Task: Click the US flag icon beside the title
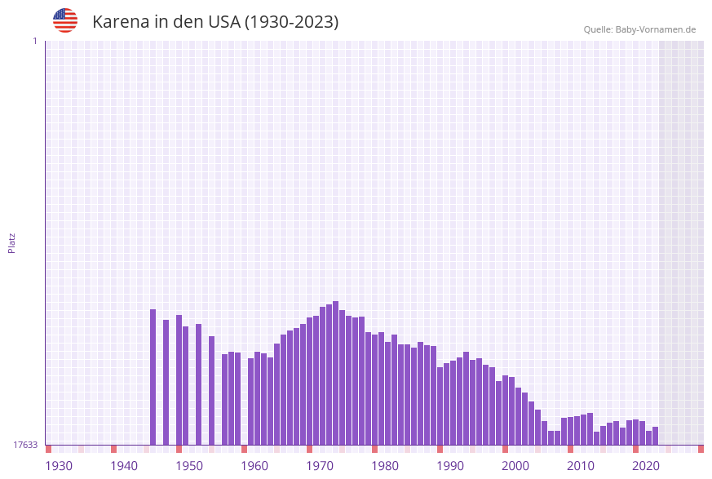click(x=65, y=20)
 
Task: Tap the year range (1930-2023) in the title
click(x=291, y=22)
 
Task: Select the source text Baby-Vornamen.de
click(x=656, y=29)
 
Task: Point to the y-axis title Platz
click(x=12, y=242)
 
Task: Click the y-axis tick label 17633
click(x=25, y=445)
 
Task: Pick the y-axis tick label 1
click(x=34, y=41)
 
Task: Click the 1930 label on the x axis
click(x=59, y=466)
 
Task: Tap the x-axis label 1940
click(x=124, y=466)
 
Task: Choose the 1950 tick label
click(x=189, y=466)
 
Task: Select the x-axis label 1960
click(x=254, y=466)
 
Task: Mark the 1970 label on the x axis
click(x=320, y=466)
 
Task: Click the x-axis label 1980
click(x=385, y=466)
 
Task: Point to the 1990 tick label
click(x=450, y=466)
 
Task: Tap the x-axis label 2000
click(x=515, y=466)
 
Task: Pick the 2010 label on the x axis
click(x=581, y=466)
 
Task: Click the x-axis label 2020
click(x=646, y=466)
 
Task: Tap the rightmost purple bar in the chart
click(x=655, y=436)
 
